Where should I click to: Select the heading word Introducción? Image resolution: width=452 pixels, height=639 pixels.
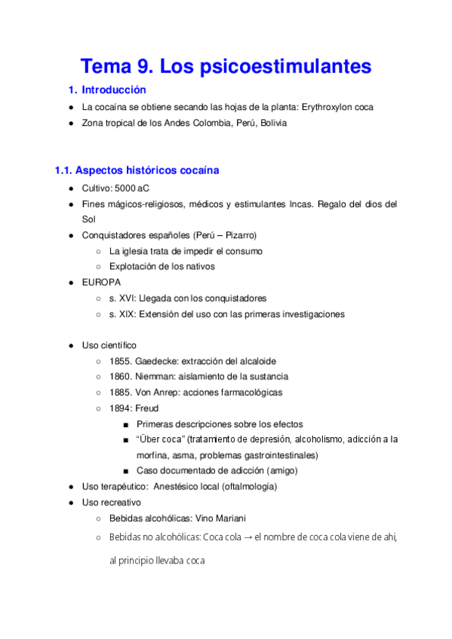click(113, 90)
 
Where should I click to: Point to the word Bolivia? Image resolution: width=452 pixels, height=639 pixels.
click(272, 123)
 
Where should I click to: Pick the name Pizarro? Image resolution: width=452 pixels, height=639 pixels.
click(239, 235)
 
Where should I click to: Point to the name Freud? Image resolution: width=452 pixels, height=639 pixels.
click(147, 408)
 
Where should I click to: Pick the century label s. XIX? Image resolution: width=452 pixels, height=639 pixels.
click(122, 313)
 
